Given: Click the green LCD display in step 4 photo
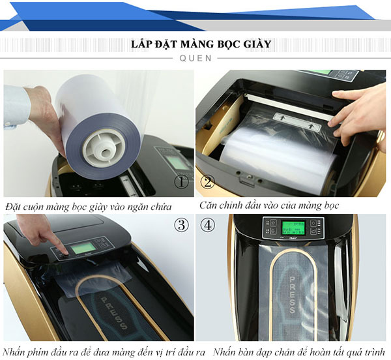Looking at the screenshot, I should tap(293, 228).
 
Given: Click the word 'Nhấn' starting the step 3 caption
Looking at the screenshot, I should tap(16, 353).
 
